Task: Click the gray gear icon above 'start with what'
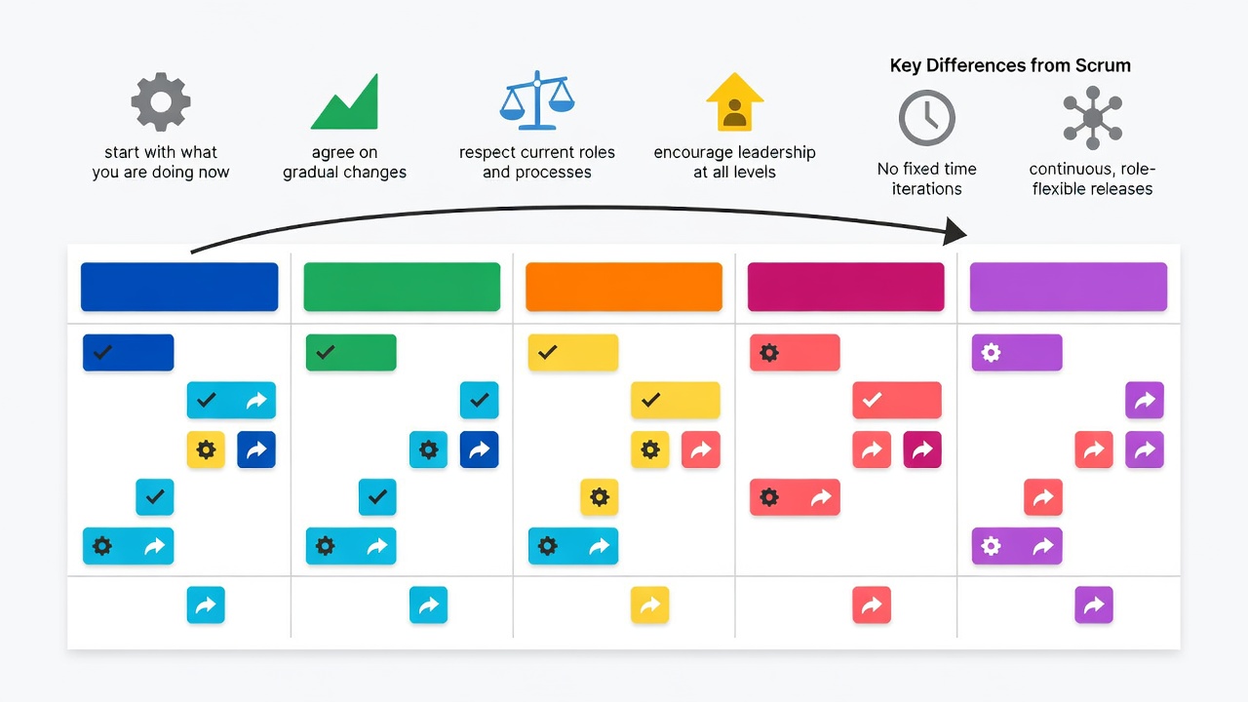161,102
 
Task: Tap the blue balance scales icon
536,100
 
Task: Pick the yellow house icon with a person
734,102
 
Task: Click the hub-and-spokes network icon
1093,118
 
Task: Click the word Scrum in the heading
1103,65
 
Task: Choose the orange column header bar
624,287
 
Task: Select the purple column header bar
1068,287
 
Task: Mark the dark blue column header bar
179,287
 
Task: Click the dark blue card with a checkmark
128,353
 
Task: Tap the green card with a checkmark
351,353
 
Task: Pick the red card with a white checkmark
897,400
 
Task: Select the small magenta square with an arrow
922,449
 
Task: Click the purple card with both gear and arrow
1017,546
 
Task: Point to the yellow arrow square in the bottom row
649,604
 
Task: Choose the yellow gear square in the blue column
206,449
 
